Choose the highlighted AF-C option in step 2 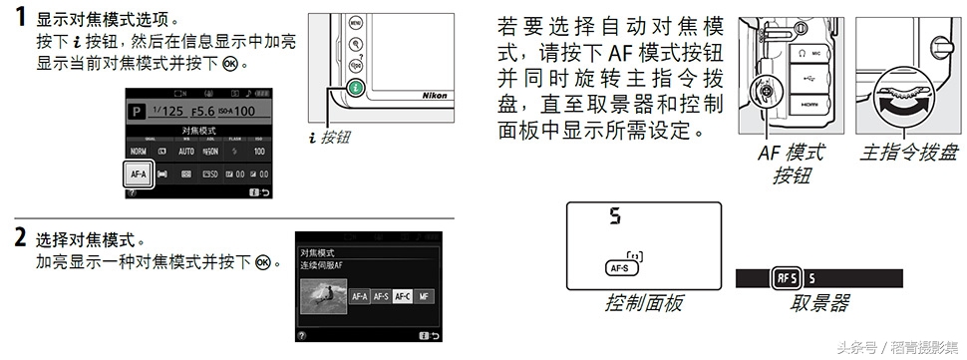(403, 296)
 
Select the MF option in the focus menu (425, 296)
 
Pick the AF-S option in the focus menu (381, 296)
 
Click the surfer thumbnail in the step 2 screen (323, 295)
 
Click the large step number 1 (19, 21)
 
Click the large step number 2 (19, 239)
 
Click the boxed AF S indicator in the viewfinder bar (786, 278)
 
